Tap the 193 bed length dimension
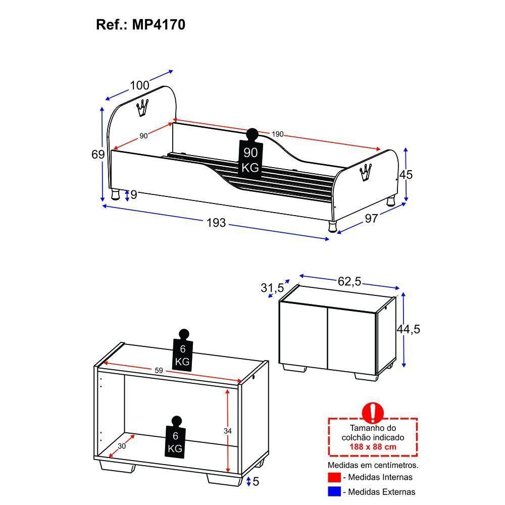(x=216, y=223)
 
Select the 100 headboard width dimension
(x=140, y=85)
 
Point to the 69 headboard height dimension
(x=98, y=154)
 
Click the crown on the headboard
(x=142, y=108)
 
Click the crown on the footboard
(x=366, y=173)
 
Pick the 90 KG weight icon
(x=251, y=154)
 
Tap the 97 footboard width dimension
(x=371, y=219)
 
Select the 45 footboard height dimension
(x=406, y=175)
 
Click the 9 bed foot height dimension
(x=134, y=194)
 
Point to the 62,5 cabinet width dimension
(x=349, y=281)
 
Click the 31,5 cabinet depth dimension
(x=273, y=288)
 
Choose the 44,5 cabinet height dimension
(x=409, y=329)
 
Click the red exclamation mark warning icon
(x=373, y=412)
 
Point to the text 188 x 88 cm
(x=373, y=446)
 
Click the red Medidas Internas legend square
(x=334, y=477)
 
